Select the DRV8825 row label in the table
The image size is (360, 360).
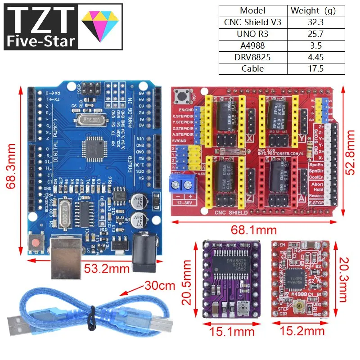252,57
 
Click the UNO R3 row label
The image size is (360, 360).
252,34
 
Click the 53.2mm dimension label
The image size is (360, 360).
107,270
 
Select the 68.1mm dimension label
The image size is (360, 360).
253,230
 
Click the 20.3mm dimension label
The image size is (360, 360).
343,280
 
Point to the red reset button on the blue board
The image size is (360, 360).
35,243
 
